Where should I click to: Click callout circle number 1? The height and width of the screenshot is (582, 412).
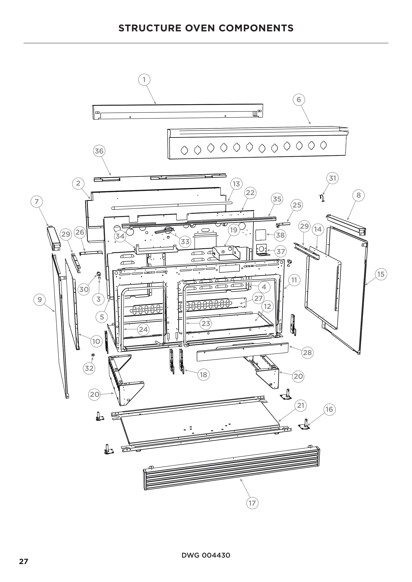(144, 80)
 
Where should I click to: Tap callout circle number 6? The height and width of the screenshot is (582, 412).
(299, 100)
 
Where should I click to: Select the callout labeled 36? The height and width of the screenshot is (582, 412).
(99, 151)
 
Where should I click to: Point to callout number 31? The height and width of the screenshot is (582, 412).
(332, 178)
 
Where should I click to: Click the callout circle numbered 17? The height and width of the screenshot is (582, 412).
(252, 508)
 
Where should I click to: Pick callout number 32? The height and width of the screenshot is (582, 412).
(89, 368)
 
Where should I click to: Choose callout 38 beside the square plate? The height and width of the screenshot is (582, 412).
(280, 235)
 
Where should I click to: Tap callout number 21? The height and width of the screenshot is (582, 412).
(300, 406)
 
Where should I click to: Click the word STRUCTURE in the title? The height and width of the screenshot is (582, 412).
(150, 28)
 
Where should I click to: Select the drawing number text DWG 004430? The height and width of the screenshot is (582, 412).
(206, 555)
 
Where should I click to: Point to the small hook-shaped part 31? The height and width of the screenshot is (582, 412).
(322, 198)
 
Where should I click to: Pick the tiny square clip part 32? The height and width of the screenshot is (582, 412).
(93, 355)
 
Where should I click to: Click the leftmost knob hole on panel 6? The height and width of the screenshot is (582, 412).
(184, 150)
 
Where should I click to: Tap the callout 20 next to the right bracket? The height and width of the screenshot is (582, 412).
(298, 376)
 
